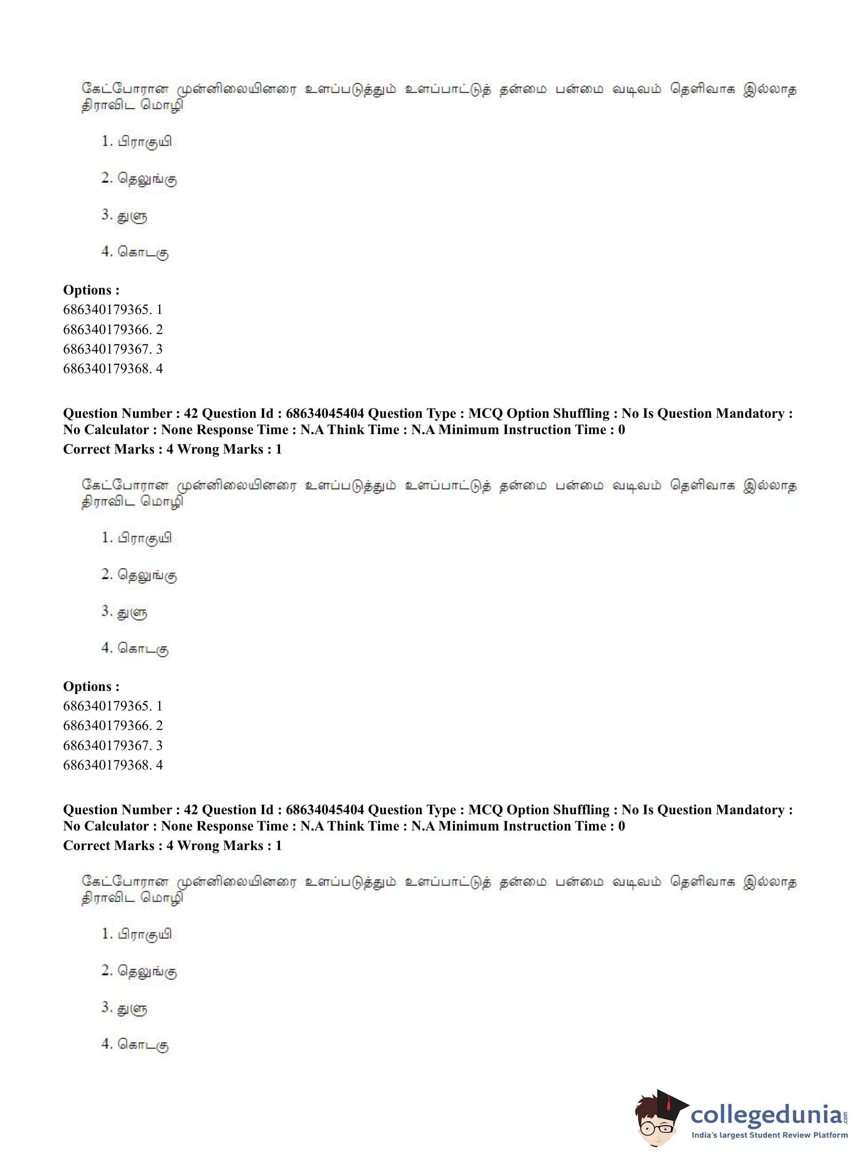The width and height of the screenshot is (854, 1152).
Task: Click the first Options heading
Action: [91, 290]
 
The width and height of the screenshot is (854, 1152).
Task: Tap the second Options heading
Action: [91, 686]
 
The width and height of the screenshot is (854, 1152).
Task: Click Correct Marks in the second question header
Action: [108, 845]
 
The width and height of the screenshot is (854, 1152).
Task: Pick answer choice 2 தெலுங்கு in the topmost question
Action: [139, 179]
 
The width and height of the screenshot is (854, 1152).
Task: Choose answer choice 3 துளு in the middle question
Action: [125, 612]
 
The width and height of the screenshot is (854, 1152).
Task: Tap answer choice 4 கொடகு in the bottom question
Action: [135, 1044]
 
